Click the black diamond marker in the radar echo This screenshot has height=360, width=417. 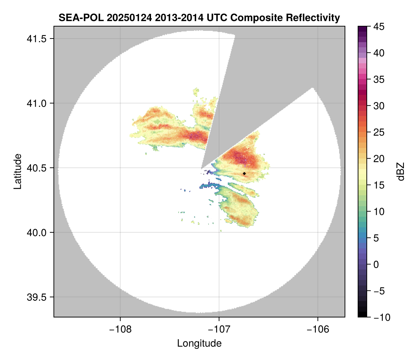click(244, 173)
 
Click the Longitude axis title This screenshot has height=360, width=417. click(199, 343)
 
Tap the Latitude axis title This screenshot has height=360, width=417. click(17, 171)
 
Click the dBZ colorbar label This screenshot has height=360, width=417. click(401, 171)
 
